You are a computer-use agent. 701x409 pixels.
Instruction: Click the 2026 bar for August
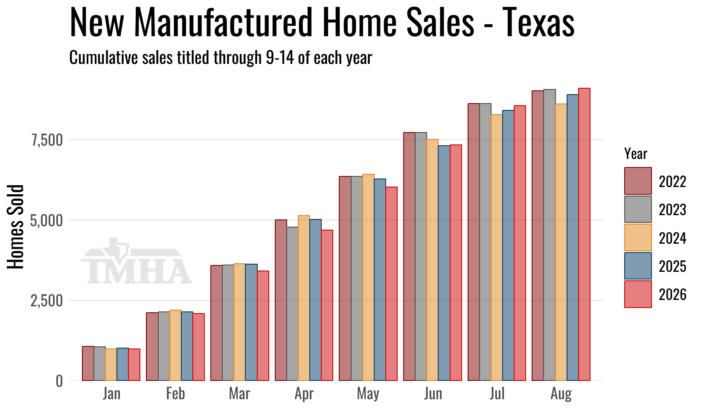pyautogui.click(x=584, y=234)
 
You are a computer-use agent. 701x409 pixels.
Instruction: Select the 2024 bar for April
pyautogui.click(x=304, y=298)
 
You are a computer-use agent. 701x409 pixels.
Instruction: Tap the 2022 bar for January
pyautogui.click(x=88, y=363)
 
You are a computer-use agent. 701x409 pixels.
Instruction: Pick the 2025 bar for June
pyautogui.click(x=444, y=263)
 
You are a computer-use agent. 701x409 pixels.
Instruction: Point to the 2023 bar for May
pyautogui.click(x=357, y=278)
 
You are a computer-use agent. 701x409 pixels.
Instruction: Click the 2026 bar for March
pyautogui.click(x=263, y=326)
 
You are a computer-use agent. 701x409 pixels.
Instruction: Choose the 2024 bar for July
pyautogui.click(x=497, y=248)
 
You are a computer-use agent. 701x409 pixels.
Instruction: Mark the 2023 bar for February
pyautogui.click(x=164, y=346)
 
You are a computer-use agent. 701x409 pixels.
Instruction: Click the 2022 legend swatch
pyautogui.click(x=638, y=181)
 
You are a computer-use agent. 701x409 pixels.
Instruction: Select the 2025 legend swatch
pyautogui.click(x=638, y=266)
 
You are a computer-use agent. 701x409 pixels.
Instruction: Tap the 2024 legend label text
pyautogui.click(x=672, y=238)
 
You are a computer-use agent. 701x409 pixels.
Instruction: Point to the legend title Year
pyautogui.click(x=636, y=154)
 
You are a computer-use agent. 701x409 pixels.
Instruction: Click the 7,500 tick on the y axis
pyautogui.click(x=47, y=140)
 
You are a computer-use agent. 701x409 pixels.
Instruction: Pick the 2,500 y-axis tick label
pyautogui.click(x=47, y=301)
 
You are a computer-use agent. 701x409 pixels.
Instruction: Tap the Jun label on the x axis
pyautogui.click(x=433, y=394)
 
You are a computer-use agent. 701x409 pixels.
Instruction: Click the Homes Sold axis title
pyautogui.click(x=15, y=227)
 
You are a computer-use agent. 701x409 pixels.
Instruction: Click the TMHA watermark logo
pyautogui.click(x=136, y=262)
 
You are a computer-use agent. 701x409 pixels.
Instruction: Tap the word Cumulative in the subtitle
pyautogui.click(x=104, y=58)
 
